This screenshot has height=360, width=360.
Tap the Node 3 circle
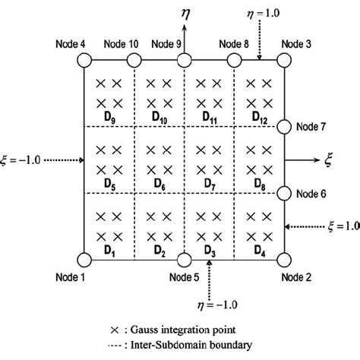286,61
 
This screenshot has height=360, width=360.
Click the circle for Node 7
286,127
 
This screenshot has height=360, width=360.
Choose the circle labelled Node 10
134,61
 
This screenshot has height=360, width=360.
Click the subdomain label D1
109,248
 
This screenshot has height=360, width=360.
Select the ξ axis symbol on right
328,159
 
